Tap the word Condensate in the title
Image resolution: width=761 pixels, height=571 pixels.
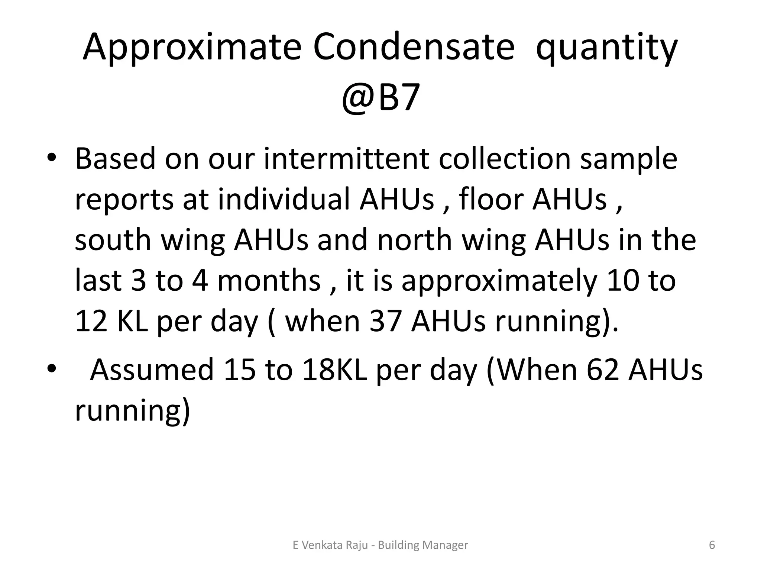click(414, 47)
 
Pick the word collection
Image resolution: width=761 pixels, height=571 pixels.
click(504, 159)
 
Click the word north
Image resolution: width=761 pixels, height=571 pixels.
click(415, 240)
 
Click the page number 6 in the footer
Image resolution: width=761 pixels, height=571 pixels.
click(712, 545)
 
